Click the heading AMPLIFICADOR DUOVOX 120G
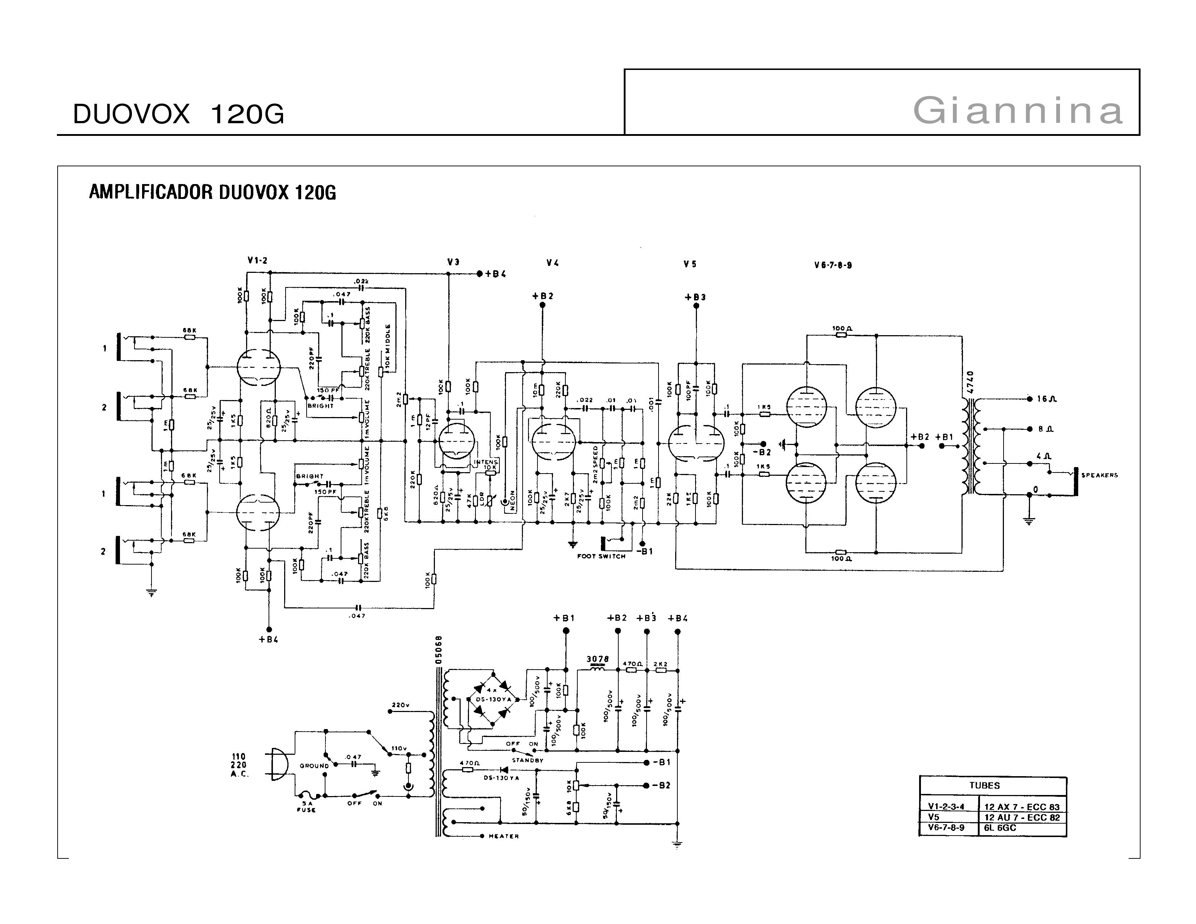212,193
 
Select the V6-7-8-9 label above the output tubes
833,266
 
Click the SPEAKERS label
1100,475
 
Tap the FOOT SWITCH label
601,557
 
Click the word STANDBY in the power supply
527,760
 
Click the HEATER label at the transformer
504,836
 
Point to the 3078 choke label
597,659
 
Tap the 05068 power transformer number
439,650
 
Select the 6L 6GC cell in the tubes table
1000,828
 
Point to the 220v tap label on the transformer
401,705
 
